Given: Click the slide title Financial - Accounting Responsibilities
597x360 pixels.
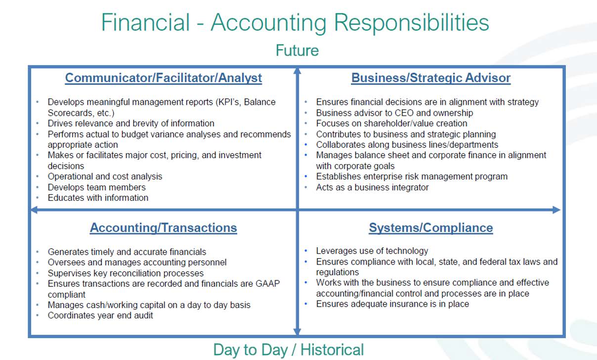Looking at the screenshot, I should point(295,23).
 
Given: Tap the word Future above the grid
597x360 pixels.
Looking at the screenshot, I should point(297,50).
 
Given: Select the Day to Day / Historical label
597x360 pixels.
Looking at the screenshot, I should point(288,350).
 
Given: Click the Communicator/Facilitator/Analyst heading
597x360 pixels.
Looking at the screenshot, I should point(164,78).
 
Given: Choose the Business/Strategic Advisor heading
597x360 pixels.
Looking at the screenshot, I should point(431,78).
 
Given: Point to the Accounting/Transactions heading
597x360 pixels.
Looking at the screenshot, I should point(164,228).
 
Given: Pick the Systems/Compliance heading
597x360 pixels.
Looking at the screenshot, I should point(431,228).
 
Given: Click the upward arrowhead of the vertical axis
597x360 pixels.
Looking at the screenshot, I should point(297,71).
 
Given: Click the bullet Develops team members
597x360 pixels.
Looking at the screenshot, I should point(97,187).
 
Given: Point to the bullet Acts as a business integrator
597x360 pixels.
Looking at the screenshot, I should point(372,187).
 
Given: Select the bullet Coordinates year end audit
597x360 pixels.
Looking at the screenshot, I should point(100,315).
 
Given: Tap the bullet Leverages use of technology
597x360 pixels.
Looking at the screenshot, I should point(372,251).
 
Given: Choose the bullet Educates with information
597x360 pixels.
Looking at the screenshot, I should point(98,198).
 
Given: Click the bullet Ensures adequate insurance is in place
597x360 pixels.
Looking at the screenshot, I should point(392,304).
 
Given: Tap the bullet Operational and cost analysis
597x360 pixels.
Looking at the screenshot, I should point(105,177).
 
